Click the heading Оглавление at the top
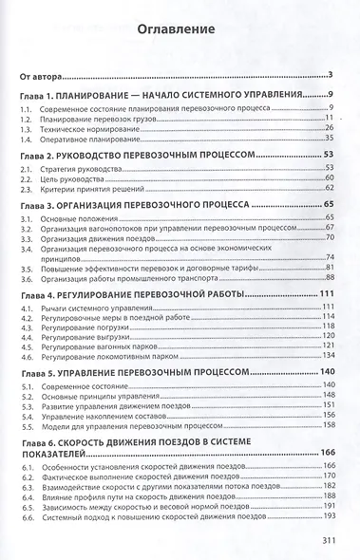click(180, 29)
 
